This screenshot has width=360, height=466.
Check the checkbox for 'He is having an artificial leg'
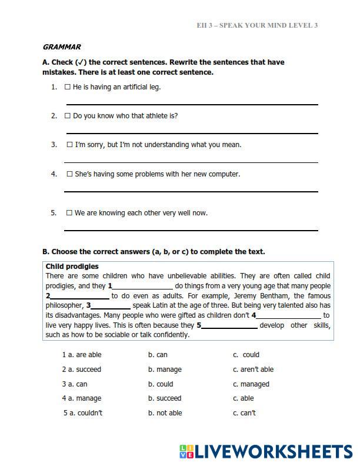coord(68,87)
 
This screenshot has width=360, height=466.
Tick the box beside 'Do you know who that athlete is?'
coord(68,116)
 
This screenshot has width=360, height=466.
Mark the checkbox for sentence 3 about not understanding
coord(69,145)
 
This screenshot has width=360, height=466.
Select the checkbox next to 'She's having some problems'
coord(69,174)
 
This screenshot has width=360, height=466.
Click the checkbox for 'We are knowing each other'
coord(69,213)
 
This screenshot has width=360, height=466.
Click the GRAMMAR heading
coord(62,47)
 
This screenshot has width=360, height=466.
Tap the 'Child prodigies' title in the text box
coord(72,267)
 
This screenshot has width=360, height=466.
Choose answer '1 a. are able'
coord(82,355)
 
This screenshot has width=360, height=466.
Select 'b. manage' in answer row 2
coord(165,370)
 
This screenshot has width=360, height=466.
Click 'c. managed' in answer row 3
coord(251,384)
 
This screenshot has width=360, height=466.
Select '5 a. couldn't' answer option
coord(83,413)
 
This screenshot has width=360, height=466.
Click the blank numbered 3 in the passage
coord(111,306)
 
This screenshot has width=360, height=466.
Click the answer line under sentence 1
coord(192,104)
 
